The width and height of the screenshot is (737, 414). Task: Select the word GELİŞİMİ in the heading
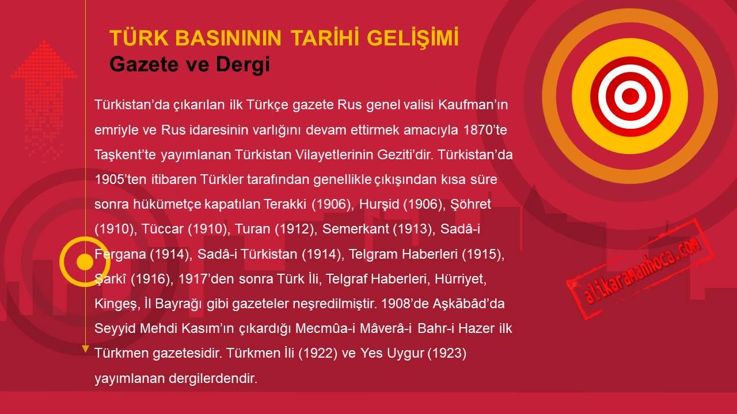413,38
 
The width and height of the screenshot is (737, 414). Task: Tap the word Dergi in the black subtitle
243,64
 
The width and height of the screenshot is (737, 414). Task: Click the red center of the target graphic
630,96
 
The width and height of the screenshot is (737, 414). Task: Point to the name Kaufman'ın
473,105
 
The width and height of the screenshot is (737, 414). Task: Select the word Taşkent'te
125,155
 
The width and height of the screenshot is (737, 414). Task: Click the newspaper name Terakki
285,204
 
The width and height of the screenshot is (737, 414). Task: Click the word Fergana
120,254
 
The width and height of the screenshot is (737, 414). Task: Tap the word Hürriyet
460,279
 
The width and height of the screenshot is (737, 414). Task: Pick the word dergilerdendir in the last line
213,378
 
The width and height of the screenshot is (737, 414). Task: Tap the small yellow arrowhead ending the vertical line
86,349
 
